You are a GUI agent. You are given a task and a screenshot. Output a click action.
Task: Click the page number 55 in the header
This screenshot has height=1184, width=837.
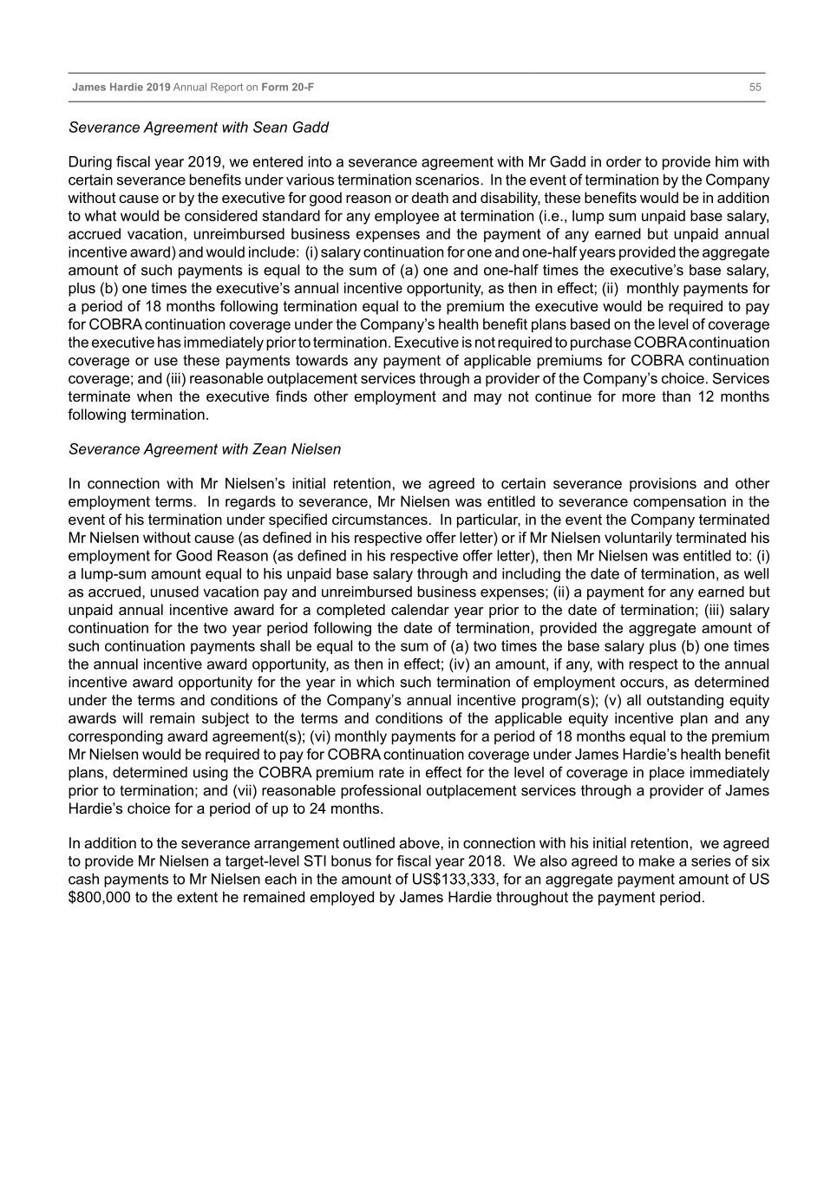[x=755, y=88]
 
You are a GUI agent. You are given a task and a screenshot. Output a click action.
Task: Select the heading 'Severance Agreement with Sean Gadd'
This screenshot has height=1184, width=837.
[x=198, y=128]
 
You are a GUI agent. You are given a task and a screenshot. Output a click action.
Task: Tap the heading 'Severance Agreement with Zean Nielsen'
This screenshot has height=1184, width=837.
[x=204, y=449]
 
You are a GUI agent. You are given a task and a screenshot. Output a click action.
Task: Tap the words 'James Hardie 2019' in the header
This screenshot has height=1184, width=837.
[x=121, y=88]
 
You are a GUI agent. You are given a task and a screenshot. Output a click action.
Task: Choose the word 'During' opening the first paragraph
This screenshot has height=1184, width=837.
[x=90, y=162]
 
